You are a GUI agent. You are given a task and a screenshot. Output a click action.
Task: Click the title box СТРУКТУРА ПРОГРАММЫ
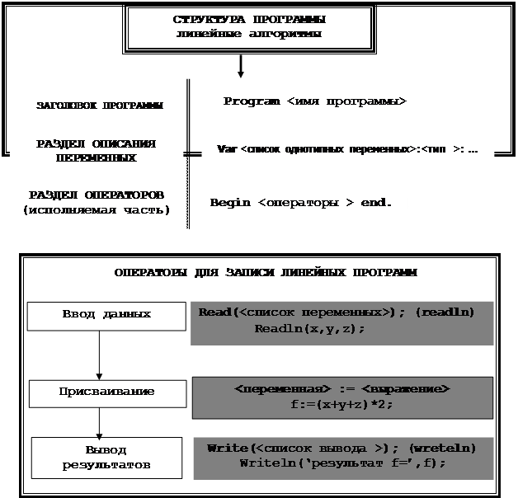pos(248,26)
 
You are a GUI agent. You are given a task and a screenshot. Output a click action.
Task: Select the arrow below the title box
pos(240,65)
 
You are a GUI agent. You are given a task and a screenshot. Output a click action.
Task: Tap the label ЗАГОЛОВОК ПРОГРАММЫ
pos(99,106)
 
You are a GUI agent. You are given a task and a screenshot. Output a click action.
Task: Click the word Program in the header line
pos(251,101)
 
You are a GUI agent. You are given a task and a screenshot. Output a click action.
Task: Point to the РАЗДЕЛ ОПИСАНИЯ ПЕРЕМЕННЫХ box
pos(97,151)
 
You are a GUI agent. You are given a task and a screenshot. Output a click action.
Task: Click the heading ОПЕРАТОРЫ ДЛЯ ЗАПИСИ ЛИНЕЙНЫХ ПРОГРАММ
pos(265,272)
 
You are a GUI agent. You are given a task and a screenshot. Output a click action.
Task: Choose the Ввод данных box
pos(106,314)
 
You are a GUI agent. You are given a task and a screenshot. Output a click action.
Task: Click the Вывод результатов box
pos(106,458)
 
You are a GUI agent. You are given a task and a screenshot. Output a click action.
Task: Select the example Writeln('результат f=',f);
pos(341,463)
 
